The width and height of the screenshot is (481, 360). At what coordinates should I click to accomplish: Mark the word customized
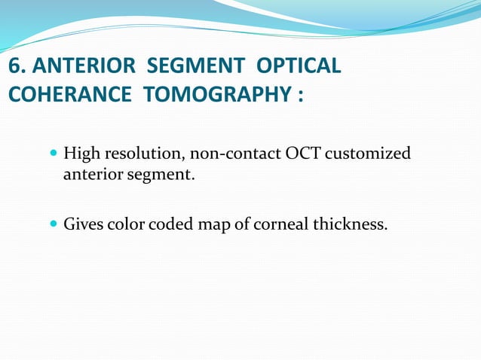(369, 154)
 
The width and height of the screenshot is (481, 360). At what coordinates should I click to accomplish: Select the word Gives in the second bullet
(83, 224)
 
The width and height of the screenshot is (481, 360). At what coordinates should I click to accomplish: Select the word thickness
(350, 224)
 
